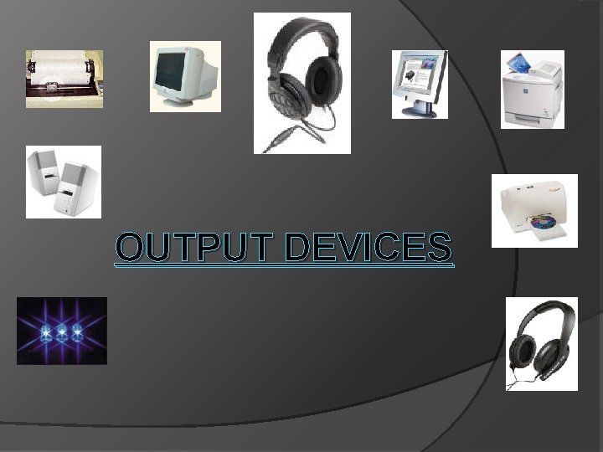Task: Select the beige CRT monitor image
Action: coord(185,76)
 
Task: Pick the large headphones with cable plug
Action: coord(301,83)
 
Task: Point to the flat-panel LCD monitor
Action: coord(420,84)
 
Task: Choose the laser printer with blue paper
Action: coord(532,90)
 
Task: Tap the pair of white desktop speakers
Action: coord(63,182)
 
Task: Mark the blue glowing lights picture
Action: coord(62,331)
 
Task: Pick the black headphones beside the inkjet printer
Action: coord(541,344)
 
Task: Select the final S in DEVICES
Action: coord(440,248)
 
